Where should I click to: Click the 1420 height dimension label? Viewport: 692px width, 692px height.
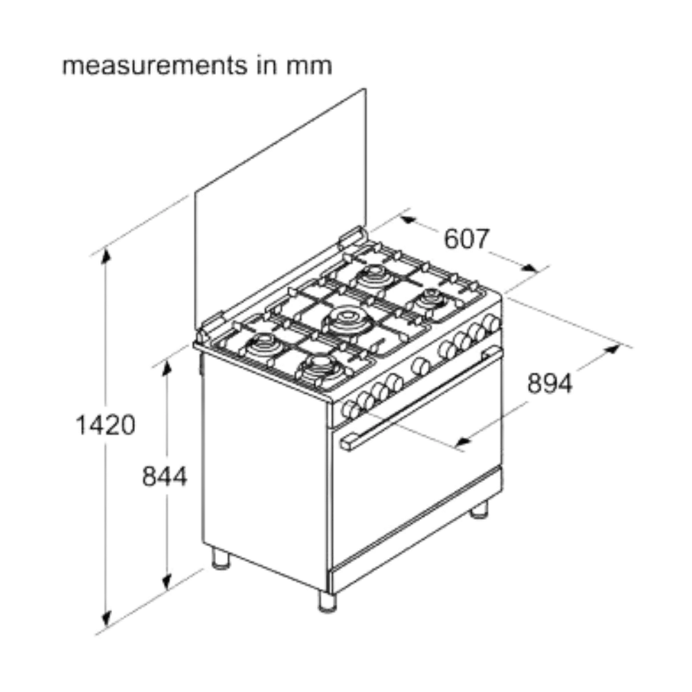[x=105, y=426]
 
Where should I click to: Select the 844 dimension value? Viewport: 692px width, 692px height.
[x=165, y=477]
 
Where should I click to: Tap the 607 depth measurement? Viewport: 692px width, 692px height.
[x=466, y=239]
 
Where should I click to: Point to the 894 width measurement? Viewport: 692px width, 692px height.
[x=550, y=383]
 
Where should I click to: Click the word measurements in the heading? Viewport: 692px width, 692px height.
[x=155, y=66]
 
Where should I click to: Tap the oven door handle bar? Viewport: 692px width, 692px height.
[x=421, y=399]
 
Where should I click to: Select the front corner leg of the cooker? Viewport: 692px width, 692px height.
[x=327, y=601]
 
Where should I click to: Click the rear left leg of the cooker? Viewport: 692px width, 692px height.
[x=221, y=558]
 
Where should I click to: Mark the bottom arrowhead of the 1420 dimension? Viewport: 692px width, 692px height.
[x=106, y=619]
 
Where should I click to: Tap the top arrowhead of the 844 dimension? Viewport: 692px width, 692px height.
[x=166, y=368]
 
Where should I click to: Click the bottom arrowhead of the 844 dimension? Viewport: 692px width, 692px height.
[x=166, y=583]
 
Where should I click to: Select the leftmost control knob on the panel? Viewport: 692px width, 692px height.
[x=351, y=410]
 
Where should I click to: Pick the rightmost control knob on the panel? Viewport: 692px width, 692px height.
[x=491, y=323]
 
